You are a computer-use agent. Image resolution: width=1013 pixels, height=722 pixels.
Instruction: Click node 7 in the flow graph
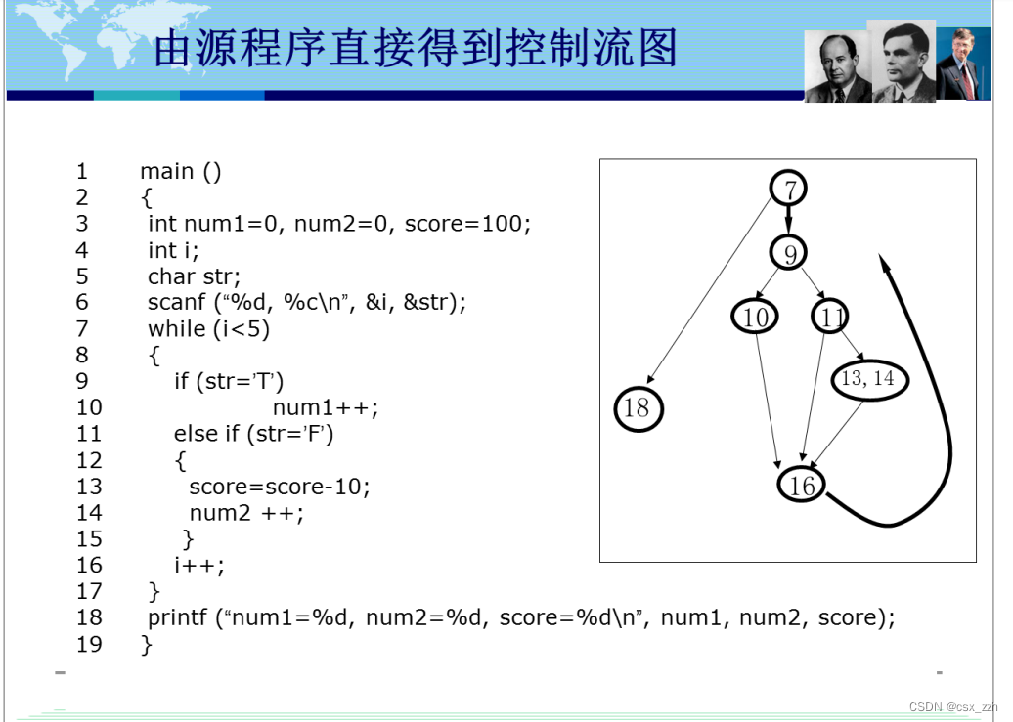pos(789,189)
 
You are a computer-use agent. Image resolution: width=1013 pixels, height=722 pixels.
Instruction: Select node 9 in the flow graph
pos(789,253)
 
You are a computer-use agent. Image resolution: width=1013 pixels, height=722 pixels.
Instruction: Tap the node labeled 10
pos(755,317)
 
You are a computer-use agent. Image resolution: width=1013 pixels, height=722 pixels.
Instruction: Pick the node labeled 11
pos(830,317)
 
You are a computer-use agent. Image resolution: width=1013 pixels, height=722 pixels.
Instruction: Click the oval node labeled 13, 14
pos(869,379)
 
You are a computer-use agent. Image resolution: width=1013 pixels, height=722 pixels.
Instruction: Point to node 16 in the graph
pos(802,485)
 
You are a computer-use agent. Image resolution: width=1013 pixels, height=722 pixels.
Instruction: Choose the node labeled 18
pos(638,408)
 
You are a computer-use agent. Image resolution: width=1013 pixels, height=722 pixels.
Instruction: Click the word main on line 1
pos(167,172)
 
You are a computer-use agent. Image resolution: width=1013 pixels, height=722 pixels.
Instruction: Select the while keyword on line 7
pos(177,329)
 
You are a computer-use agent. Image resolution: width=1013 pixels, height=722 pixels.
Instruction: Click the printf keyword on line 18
pos(178,617)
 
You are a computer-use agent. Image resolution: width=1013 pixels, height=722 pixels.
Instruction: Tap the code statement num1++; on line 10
pos(325,407)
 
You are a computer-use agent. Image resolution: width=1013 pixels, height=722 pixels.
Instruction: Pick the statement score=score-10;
pos(280,487)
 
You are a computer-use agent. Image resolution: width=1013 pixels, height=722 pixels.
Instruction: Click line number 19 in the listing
pos(89,644)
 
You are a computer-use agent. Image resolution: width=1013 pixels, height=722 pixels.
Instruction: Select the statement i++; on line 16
pos(199,565)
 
